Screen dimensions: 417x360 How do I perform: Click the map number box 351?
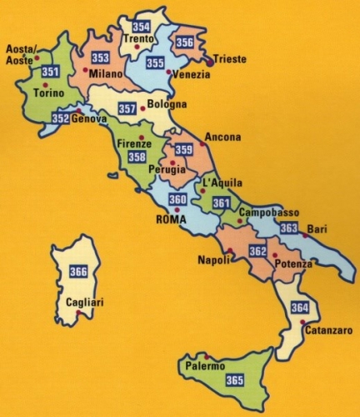50,72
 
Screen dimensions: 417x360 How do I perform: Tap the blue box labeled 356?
185,43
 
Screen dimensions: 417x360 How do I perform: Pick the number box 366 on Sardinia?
78,271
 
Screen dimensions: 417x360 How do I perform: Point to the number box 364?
300,308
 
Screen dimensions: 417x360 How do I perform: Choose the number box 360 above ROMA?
177,200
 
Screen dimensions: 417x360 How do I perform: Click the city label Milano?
106,74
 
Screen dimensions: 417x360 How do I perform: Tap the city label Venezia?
192,74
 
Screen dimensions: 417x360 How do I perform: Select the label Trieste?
231,59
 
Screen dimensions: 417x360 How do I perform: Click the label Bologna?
165,105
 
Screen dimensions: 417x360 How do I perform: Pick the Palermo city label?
206,366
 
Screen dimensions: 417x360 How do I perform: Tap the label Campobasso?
267,213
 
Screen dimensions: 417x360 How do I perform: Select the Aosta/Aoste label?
22,54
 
